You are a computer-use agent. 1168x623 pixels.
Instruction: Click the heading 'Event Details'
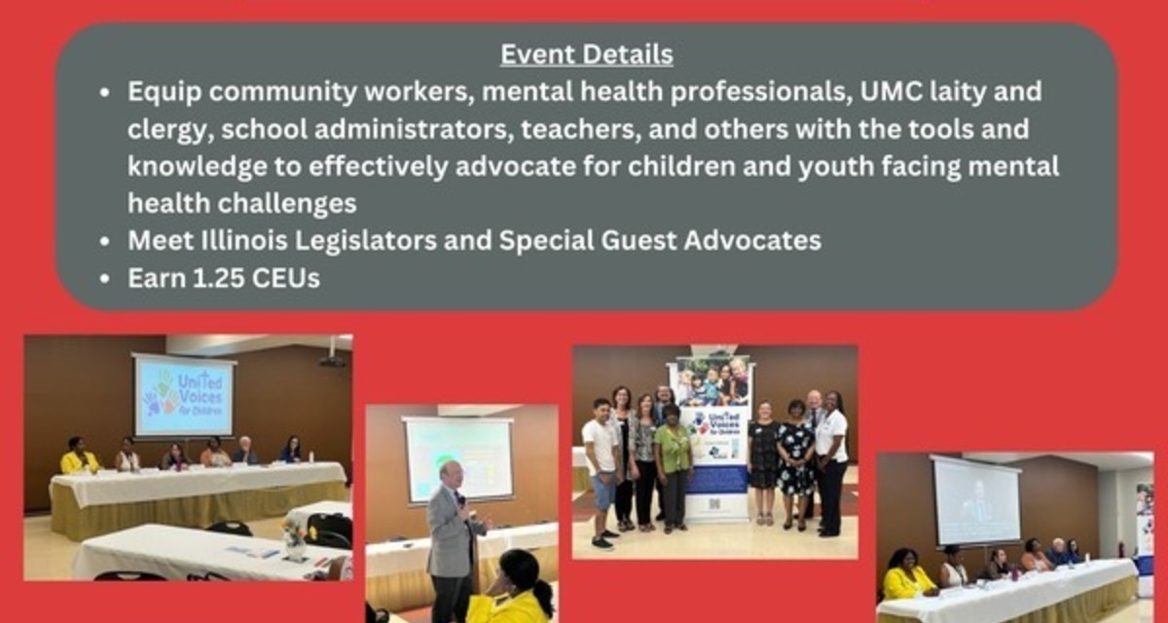(586, 55)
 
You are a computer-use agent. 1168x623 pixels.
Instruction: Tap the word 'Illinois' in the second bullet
(250, 240)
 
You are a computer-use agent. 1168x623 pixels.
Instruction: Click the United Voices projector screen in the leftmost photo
(184, 396)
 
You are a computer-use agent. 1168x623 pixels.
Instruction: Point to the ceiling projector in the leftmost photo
(332, 360)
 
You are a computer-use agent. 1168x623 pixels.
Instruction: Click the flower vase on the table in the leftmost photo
(294, 540)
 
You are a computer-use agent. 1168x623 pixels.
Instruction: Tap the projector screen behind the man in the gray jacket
(457, 458)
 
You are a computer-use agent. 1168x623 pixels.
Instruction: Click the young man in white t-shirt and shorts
(602, 464)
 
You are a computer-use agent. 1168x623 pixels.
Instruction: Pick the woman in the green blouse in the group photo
(673, 462)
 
